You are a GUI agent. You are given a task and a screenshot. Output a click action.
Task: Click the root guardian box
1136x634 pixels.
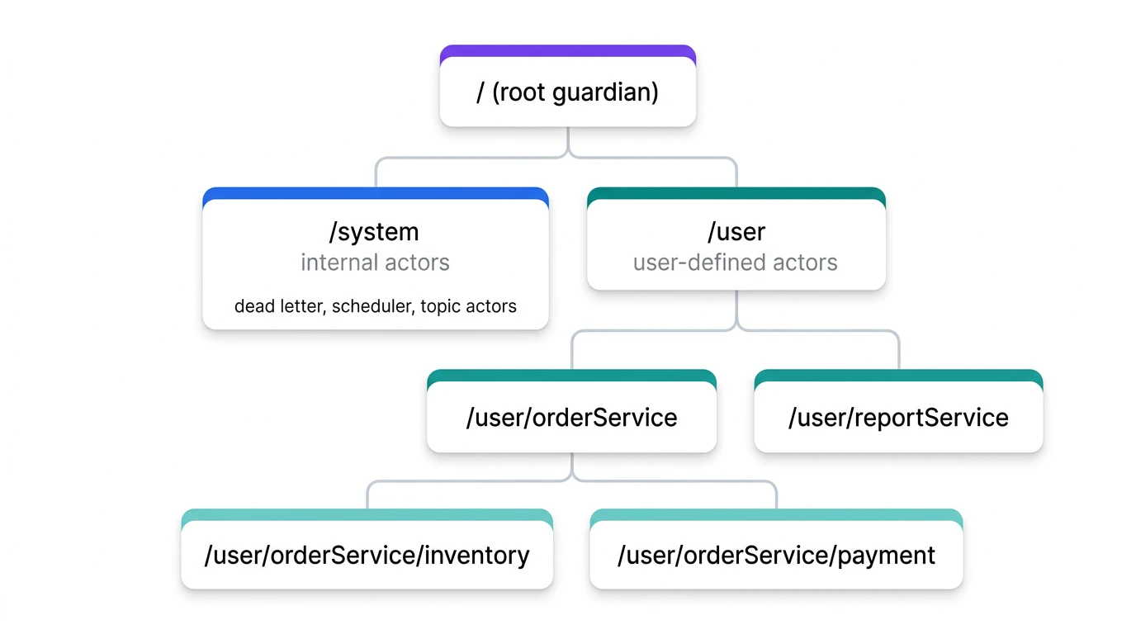click(x=567, y=92)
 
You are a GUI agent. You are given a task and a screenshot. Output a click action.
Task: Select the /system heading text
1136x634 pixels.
click(x=373, y=232)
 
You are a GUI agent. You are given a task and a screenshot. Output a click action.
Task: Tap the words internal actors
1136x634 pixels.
click(x=375, y=263)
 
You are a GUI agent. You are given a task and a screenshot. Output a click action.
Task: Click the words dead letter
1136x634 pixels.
click(x=279, y=306)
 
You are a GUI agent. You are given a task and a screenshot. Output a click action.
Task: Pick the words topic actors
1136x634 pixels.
click(x=468, y=306)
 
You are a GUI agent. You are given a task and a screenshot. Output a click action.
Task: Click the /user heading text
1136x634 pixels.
click(x=736, y=232)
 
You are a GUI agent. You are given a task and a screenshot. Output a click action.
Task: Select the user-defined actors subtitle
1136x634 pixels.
click(x=735, y=263)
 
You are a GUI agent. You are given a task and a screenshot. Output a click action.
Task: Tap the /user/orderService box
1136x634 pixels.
click(x=571, y=418)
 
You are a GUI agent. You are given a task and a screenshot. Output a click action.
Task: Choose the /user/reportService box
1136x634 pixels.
click(x=898, y=418)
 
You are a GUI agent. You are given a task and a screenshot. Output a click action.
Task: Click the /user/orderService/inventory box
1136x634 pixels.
click(x=367, y=555)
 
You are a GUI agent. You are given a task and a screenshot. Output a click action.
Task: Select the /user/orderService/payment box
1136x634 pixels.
click(x=776, y=555)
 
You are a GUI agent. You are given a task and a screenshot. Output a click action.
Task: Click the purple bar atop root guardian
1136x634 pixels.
click(x=567, y=50)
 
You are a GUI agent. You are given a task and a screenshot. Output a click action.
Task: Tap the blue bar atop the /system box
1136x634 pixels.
click(x=375, y=193)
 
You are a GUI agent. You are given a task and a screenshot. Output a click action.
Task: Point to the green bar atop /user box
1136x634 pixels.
click(x=736, y=193)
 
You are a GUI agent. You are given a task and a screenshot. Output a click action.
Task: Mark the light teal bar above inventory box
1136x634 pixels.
click(x=367, y=514)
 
